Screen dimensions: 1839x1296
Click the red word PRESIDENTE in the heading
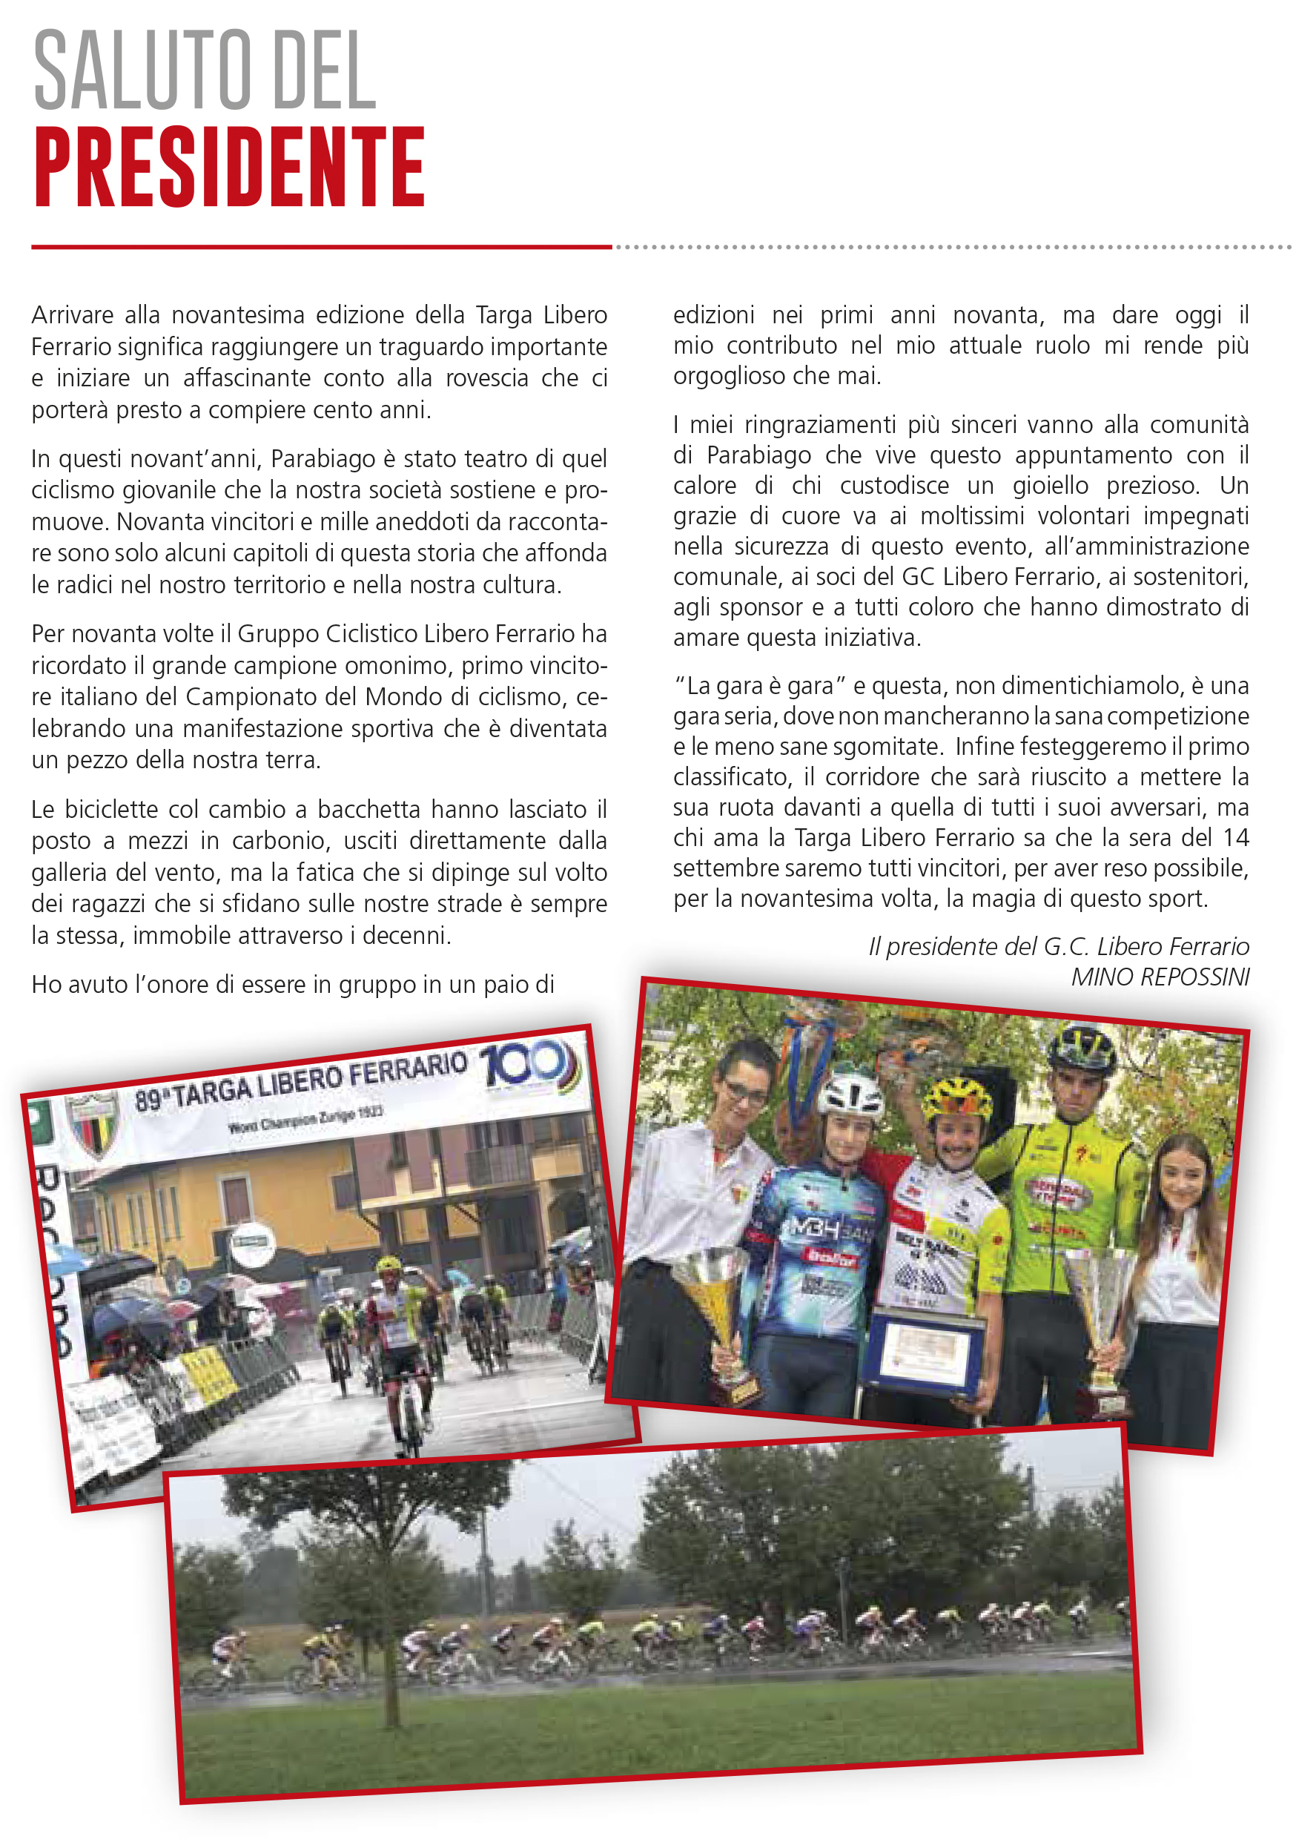point(229,168)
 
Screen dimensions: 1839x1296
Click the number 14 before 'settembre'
point(1236,838)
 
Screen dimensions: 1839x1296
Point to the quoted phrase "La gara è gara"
point(760,687)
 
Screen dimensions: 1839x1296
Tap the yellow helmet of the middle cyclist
point(957,1100)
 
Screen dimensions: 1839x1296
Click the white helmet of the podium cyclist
point(850,1090)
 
